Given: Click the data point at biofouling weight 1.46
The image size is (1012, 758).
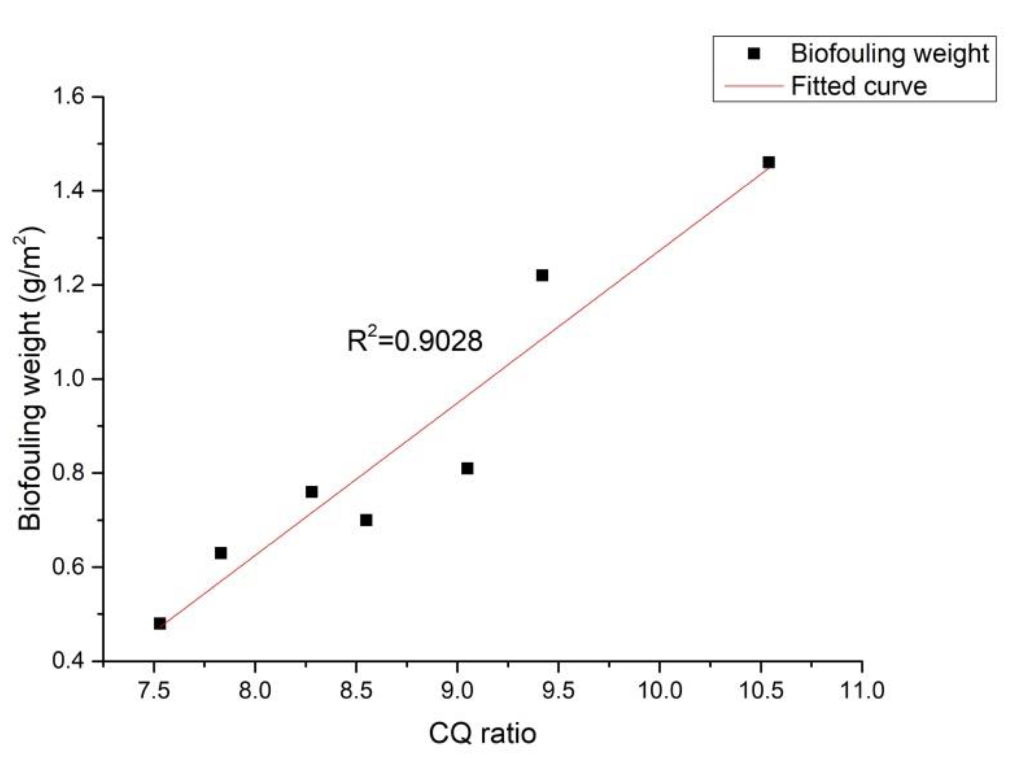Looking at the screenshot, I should tap(769, 163).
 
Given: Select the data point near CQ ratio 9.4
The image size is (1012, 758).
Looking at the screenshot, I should tap(542, 275).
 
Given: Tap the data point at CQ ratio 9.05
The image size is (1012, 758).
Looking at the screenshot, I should tap(467, 468).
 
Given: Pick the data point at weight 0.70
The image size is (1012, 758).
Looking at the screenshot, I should tap(366, 520).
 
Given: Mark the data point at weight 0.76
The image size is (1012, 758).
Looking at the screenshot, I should tap(311, 492).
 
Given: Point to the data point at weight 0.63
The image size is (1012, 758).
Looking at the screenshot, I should tap(221, 553).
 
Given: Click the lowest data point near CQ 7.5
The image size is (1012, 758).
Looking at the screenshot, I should tap(160, 623).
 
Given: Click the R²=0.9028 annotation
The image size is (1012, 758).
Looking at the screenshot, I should tap(414, 340).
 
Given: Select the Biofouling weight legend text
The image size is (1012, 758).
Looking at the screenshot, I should tap(889, 54).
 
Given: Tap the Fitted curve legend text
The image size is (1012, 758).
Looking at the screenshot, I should tap(859, 87).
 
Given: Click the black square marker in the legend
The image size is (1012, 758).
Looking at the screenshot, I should tap(754, 54).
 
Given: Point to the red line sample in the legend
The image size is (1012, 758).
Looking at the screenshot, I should tap(753, 87).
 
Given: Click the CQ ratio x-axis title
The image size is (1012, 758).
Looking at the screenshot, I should tap(482, 733).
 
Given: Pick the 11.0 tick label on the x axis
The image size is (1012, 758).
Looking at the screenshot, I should tap(862, 690).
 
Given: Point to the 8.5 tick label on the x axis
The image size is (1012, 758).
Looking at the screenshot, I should tap(356, 690).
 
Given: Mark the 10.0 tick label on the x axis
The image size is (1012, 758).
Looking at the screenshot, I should tap(660, 690).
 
